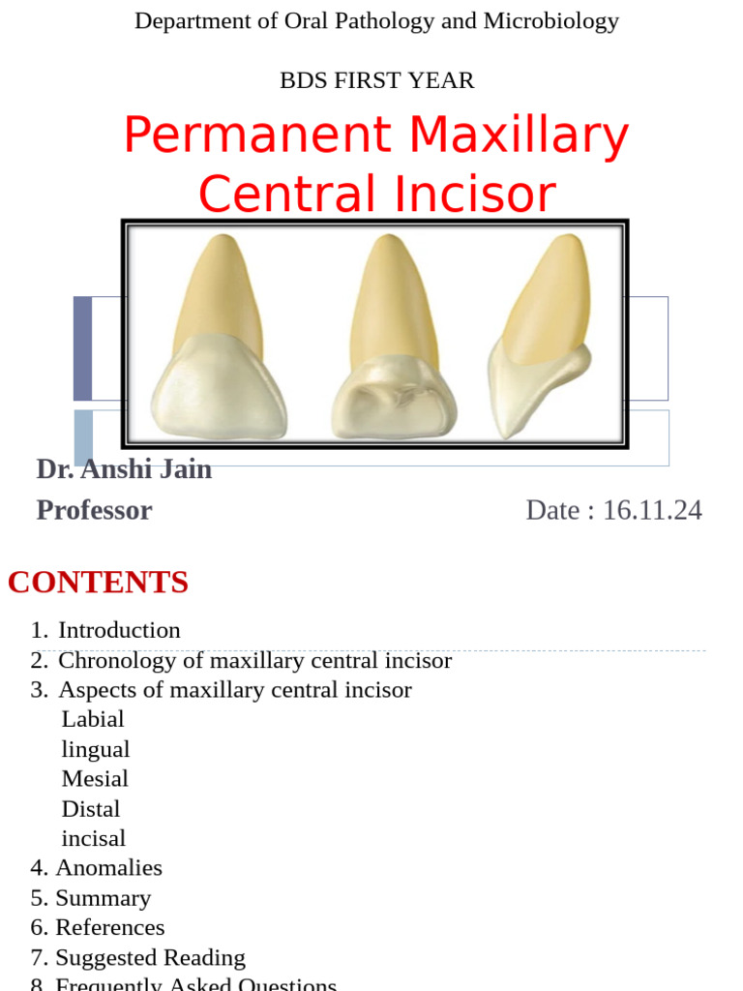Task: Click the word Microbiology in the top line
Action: tap(550, 21)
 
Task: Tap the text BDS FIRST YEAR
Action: tap(376, 81)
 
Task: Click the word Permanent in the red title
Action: tap(258, 135)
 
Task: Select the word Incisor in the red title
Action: tap(473, 194)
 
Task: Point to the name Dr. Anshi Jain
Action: tap(124, 469)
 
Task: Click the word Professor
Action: tap(94, 510)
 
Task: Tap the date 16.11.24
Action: tap(652, 510)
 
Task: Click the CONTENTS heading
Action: tap(98, 582)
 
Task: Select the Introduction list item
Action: tap(119, 630)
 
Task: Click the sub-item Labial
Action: tap(93, 719)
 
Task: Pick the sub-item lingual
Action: tap(96, 750)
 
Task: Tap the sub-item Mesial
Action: tap(95, 779)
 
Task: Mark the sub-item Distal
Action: tap(91, 809)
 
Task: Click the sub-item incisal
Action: tap(94, 839)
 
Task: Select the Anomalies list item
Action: tap(108, 868)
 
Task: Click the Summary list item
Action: tap(104, 898)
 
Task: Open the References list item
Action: tap(110, 928)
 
